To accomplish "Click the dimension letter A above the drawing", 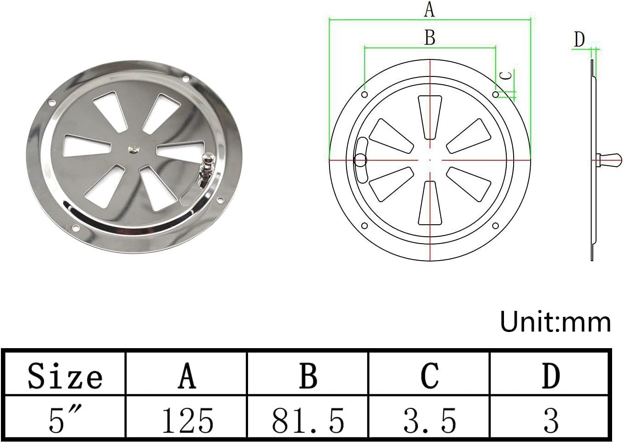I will pyautogui.click(x=429, y=9).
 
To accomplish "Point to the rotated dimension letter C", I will pyautogui.click(x=506, y=76).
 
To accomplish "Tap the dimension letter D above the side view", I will pyautogui.click(x=579, y=40).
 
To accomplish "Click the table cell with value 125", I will pyautogui.click(x=187, y=420).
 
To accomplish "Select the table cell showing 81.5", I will pyautogui.click(x=307, y=420).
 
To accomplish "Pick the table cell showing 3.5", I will pyautogui.click(x=429, y=420).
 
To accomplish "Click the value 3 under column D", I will pyautogui.click(x=550, y=420).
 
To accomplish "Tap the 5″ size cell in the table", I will pyautogui.click(x=64, y=420).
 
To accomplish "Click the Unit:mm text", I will pyautogui.click(x=555, y=322).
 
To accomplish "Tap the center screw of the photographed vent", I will pyautogui.click(x=133, y=148).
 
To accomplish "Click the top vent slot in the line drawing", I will pyautogui.click(x=430, y=116).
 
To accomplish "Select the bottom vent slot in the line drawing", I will pyautogui.click(x=430, y=203).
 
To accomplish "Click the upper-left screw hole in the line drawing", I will pyautogui.click(x=365, y=94).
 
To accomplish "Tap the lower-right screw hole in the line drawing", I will pyautogui.click(x=496, y=226).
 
